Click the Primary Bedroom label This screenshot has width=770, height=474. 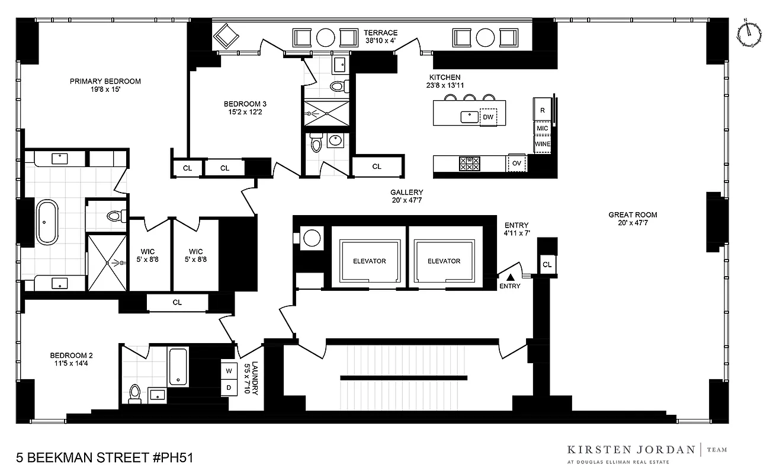(x=105, y=81)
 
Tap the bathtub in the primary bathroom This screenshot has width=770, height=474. (x=48, y=222)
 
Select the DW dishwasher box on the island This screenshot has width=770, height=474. (x=488, y=117)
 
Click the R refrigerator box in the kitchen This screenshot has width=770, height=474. (x=543, y=110)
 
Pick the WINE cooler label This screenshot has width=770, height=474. (x=543, y=144)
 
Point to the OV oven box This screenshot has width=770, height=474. (x=516, y=163)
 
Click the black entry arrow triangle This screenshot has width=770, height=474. (x=509, y=276)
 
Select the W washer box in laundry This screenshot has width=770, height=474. (x=229, y=371)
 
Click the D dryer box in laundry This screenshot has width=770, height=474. (x=229, y=388)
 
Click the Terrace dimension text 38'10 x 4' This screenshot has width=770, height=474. (x=380, y=41)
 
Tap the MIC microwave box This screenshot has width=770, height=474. (x=543, y=128)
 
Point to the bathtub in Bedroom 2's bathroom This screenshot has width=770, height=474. (x=178, y=367)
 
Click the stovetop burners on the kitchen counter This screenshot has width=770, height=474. (x=469, y=164)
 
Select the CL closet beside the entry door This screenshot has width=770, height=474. (x=547, y=265)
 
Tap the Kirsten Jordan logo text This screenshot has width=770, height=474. (x=631, y=449)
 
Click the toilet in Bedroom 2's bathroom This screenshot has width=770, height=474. (x=135, y=393)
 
